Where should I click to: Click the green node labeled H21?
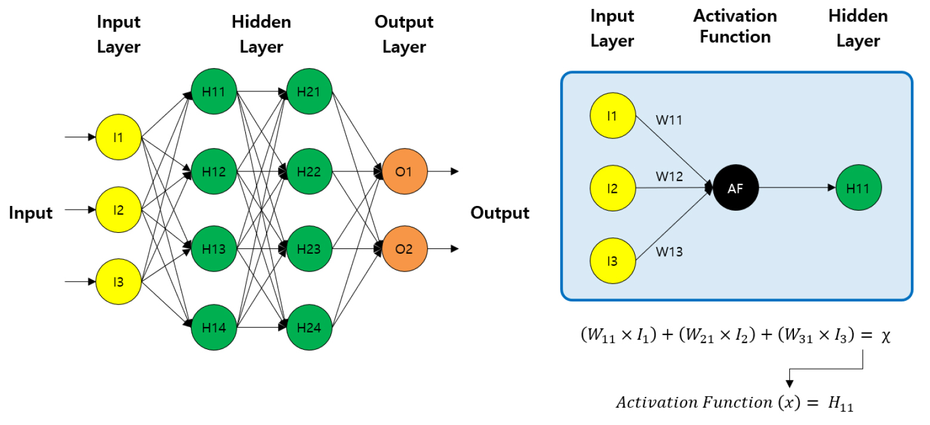click(x=309, y=92)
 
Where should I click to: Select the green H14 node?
click(x=214, y=327)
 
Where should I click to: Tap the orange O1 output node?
click(x=404, y=172)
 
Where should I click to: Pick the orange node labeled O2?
click(x=404, y=249)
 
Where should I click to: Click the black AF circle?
click(x=736, y=187)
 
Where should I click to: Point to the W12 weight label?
click(x=669, y=177)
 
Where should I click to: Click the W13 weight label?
click(x=669, y=252)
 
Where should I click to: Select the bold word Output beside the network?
click(x=500, y=213)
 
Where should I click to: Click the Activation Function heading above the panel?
click(x=735, y=26)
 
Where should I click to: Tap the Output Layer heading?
click(x=404, y=35)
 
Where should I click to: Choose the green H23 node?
click(x=309, y=249)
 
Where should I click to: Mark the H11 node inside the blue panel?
click(x=858, y=187)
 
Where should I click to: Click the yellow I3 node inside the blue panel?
click(x=613, y=261)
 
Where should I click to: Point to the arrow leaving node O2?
click(x=444, y=249)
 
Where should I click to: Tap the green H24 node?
click(x=309, y=327)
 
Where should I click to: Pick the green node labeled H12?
click(x=214, y=172)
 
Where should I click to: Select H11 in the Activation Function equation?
click(x=840, y=404)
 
